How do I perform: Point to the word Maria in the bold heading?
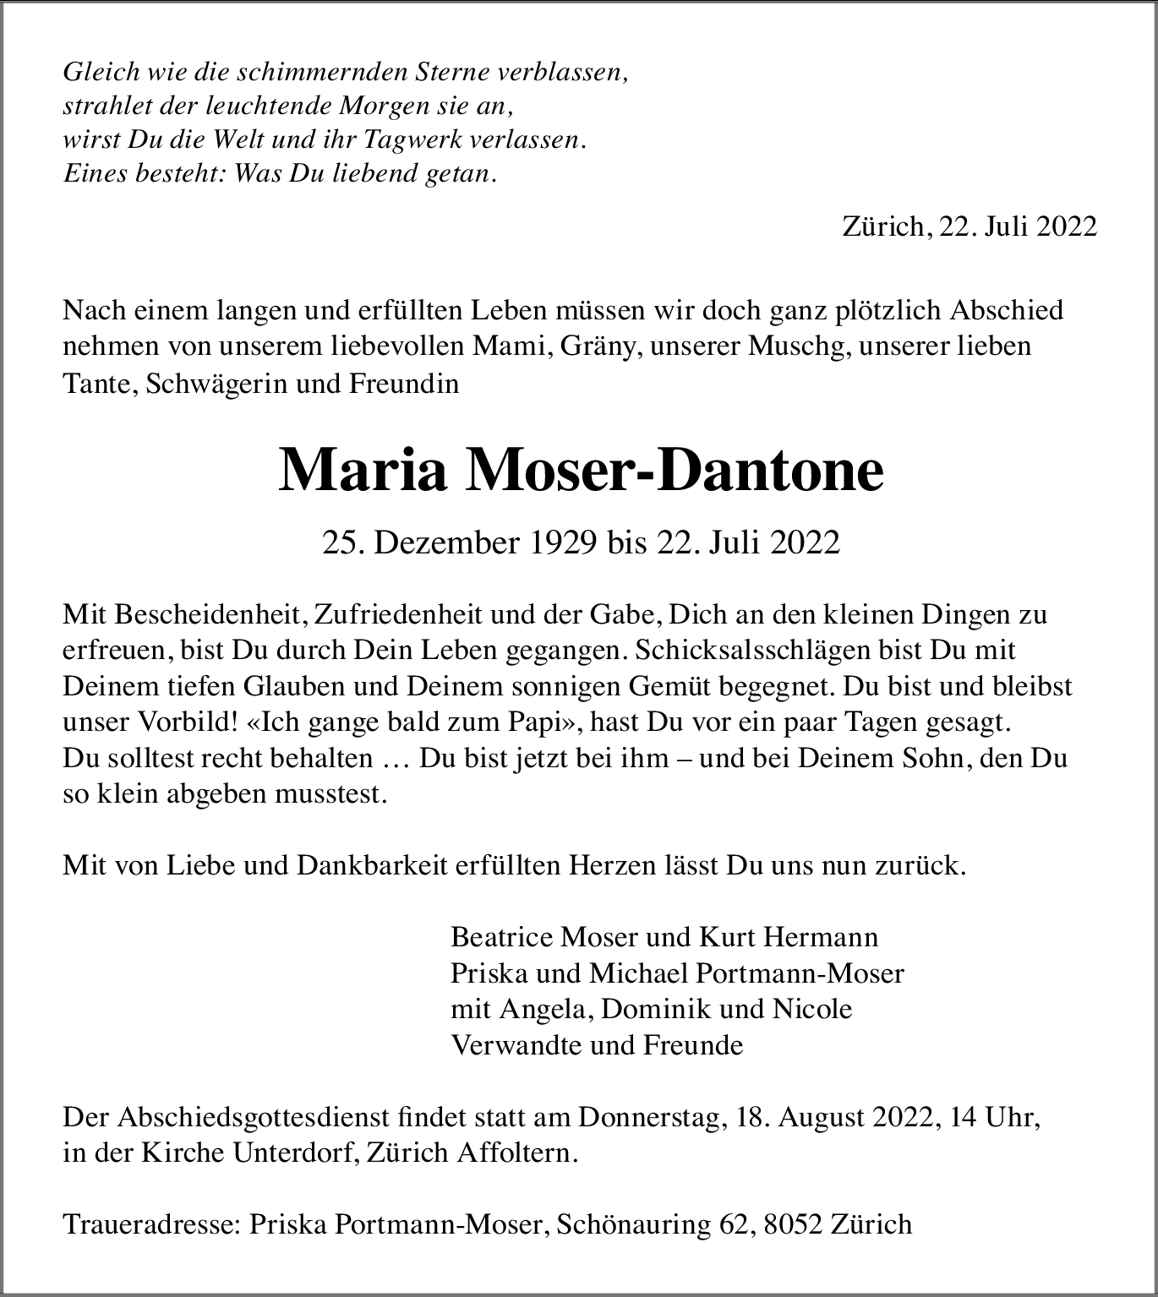tap(363, 471)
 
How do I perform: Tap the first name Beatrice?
tap(502, 937)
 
